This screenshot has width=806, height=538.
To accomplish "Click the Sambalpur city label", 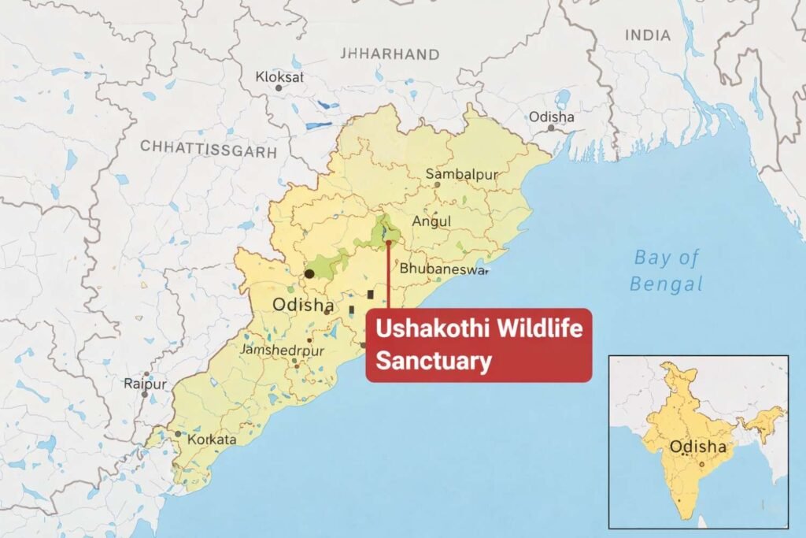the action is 461,174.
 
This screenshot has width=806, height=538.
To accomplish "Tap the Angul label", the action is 431,221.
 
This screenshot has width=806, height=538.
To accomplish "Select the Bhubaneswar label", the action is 443,268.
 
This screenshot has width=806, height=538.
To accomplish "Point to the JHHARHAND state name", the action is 389,54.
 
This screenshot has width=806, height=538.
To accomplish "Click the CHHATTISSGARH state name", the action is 208,148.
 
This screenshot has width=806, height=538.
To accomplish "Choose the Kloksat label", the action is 279,76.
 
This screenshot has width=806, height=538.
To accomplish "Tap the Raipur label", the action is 145,384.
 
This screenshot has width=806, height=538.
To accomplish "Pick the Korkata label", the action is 210,440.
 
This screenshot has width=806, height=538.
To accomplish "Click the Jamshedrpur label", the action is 283,349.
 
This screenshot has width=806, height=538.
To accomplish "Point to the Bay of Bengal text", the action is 667,270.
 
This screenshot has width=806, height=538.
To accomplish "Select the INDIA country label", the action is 648,35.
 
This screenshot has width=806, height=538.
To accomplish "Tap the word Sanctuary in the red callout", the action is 433,362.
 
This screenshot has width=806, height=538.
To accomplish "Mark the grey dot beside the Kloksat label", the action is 278,88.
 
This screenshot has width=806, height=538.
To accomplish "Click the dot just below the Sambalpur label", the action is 438,185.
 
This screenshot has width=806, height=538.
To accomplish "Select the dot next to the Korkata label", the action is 179,434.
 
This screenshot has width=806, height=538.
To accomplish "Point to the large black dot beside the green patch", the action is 309,273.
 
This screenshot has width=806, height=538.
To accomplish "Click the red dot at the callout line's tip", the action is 388,243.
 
